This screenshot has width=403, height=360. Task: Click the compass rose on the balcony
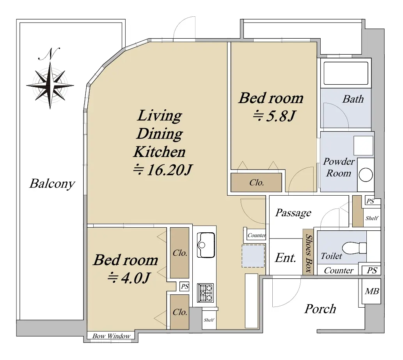click(50, 85)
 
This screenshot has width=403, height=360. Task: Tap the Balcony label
click(52, 184)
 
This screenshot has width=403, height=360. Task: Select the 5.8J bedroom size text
click(274, 116)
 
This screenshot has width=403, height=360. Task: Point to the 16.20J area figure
click(162, 170)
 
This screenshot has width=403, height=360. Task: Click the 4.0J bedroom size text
click(128, 278)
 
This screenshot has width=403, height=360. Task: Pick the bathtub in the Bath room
click(346, 73)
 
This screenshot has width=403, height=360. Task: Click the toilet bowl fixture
click(354, 248)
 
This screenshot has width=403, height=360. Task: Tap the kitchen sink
click(206, 245)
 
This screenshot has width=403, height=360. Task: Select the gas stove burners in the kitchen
click(205, 293)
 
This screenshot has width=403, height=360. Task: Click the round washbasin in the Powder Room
click(366, 175)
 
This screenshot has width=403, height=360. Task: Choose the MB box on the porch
click(372, 291)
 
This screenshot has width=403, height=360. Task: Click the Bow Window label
click(111, 336)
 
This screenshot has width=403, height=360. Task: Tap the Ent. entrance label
click(285, 258)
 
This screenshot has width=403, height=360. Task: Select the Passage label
click(293, 213)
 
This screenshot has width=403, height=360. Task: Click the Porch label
click(320, 309)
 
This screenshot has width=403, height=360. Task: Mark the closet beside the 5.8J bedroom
click(256, 182)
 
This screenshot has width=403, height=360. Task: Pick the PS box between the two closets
click(185, 286)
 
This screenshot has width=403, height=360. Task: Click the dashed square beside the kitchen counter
click(253, 256)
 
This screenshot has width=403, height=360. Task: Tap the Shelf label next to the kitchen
click(209, 320)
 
